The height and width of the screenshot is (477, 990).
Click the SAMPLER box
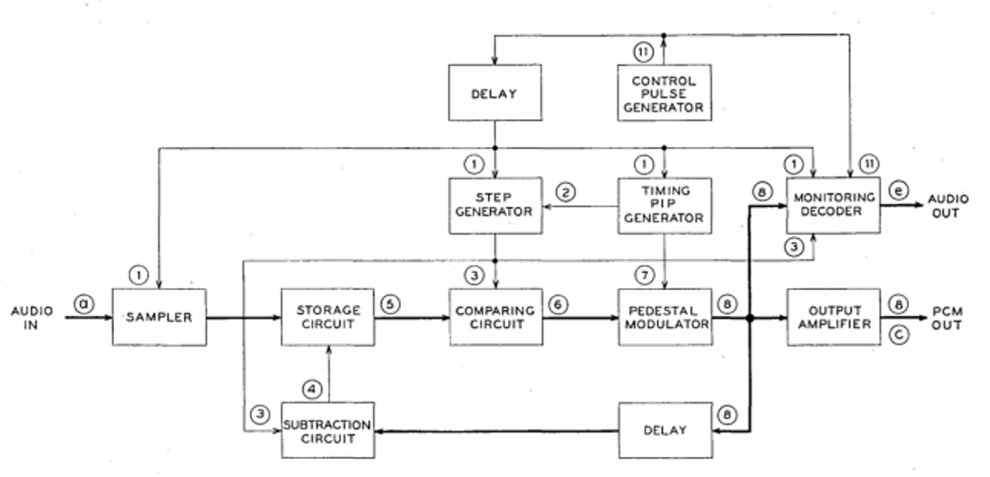pos(159,318)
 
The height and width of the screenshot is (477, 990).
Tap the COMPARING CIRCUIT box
pos(495,318)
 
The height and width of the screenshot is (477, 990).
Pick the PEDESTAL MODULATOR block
pos(664,318)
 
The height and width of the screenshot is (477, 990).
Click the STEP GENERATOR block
pos(495,205)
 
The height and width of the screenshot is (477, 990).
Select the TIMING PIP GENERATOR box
pos(664,205)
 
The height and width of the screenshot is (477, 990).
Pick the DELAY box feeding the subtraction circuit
pos(664,429)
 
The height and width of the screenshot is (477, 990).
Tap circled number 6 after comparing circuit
pos(558,304)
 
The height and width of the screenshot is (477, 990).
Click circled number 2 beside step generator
pos(566,193)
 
